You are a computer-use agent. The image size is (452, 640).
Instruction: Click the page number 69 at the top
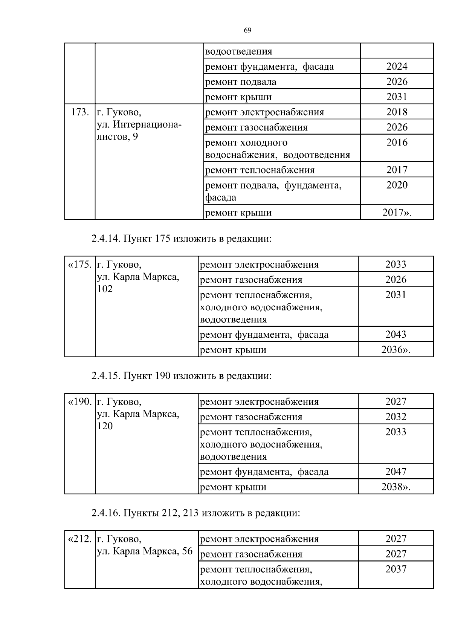[x=247, y=31]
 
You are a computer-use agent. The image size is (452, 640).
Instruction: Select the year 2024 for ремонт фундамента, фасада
[x=397, y=67]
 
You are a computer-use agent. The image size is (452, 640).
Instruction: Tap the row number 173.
[x=80, y=112]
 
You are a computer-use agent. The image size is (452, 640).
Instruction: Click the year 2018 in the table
[x=397, y=112]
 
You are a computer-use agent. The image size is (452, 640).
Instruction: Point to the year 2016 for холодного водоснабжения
[x=397, y=142]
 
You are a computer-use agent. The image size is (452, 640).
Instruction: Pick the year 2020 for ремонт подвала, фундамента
[x=397, y=185]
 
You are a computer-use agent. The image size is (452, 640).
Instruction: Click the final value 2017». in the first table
[x=397, y=213]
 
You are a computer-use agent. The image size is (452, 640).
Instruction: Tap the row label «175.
[x=80, y=265]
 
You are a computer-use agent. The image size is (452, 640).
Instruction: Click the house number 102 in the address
[x=105, y=289]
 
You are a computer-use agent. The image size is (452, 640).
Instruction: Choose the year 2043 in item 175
[x=395, y=334]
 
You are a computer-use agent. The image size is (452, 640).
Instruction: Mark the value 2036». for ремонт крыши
[x=395, y=350]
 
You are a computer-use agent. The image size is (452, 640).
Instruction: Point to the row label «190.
[x=80, y=402]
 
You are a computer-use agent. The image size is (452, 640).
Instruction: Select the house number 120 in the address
[x=105, y=426]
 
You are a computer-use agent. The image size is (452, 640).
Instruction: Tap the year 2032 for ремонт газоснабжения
[x=395, y=417]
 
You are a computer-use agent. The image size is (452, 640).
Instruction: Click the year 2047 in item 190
[x=395, y=472]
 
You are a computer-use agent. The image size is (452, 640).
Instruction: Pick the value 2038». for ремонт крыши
[x=395, y=487]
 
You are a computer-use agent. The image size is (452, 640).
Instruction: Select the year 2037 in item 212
[x=395, y=569]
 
